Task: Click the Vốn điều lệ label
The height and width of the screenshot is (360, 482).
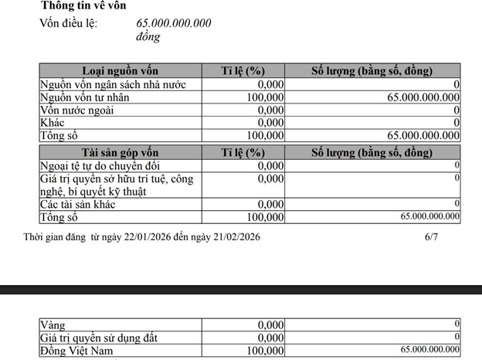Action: [69, 22]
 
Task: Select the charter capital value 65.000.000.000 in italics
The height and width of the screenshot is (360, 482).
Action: [173, 22]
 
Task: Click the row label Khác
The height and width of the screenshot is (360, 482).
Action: [53, 122]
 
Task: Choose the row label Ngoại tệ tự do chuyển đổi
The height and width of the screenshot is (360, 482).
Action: [110, 166]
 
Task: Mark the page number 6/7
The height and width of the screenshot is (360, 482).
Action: [431, 237]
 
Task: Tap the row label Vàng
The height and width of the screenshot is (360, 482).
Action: [55, 324]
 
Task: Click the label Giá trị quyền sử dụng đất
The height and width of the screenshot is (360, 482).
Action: [104, 338]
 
